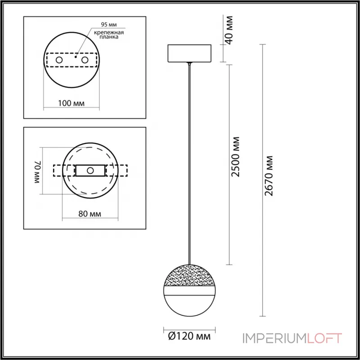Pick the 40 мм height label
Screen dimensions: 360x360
(229, 30)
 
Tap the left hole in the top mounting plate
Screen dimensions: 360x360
(58, 59)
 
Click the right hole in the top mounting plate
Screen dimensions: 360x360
(84, 59)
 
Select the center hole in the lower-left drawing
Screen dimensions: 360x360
(90, 170)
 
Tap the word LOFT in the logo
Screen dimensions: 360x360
(324, 338)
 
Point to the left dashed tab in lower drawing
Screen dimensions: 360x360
(58, 171)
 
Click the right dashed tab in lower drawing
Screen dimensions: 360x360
(121, 171)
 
